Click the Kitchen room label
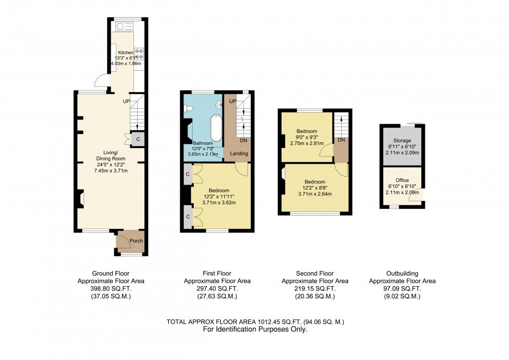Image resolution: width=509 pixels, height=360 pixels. click(x=126, y=53)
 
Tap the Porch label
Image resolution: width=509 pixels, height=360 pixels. click(x=136, y=241)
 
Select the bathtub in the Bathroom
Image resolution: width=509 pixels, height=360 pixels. click(x=215, y=127)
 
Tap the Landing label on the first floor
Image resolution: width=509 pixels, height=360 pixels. click(x=239, y=153)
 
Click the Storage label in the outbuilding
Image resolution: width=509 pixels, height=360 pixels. click(x=402, y=141)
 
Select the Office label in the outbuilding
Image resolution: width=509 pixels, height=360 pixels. click(x=402, y=180)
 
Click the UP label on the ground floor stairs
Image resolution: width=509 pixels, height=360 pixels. click(x=126, y=101)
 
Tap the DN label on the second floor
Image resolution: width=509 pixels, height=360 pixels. click(x=341, y=140)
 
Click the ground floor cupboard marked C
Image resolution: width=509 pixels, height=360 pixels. click(x=138, y=139)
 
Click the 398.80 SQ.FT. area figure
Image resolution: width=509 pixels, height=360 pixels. click(x=111, y=289)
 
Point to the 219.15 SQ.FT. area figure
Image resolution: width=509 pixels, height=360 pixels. click(x=315, y=289)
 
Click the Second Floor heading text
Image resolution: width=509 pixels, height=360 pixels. click(x=315, y=273)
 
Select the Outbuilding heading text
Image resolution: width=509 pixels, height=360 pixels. click(x=402, y=273)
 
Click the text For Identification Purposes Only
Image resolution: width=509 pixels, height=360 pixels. click(x=255, y=329)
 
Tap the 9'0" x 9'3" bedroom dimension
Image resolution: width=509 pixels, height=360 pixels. click(x=306, y=137)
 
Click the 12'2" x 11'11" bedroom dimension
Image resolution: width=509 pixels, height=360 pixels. click(x=222, y=196)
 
